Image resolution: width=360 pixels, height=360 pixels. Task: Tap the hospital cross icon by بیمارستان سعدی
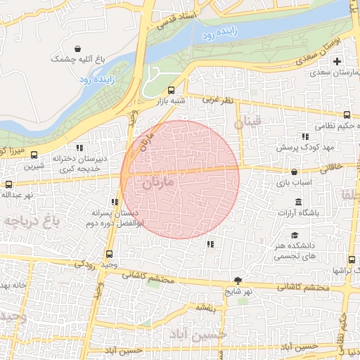(337, 60)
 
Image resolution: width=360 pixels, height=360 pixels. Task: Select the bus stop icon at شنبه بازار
(172, 90)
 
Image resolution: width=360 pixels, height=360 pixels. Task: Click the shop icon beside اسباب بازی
(294, 171)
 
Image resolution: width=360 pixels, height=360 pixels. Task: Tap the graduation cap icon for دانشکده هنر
(295, 236)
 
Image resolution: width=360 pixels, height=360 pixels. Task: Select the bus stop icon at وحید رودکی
(108, 255)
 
